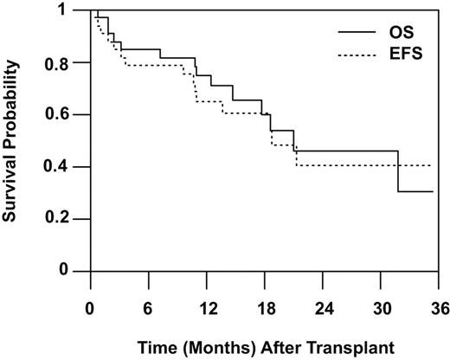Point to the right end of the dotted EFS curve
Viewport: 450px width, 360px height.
[x=431, y=165]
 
